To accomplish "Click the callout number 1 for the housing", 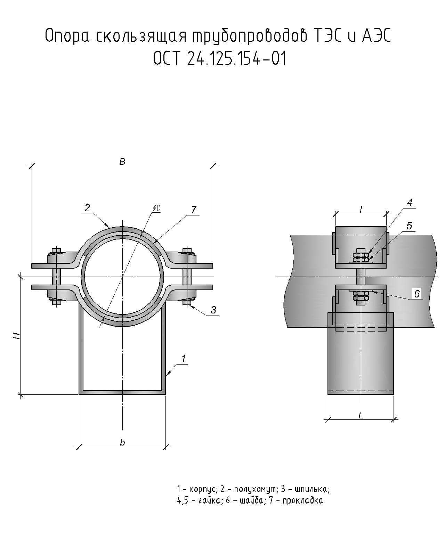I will [x=183, y=359].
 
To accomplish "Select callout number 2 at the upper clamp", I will [x=87, y=208].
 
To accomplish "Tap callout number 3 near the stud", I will [x=213, y=310].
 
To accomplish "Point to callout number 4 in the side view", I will [x=410, y=203].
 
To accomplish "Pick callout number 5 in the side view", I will [x=409, y=226].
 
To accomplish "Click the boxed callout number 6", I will [x=417, y=294].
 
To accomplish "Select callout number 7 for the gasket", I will [x=194, y=210].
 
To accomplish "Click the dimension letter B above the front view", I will [x=122, y=162].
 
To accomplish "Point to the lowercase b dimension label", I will [x=122, y=442].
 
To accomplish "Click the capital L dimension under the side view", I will [x=361, y=415].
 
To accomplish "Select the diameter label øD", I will [x=156, y=208].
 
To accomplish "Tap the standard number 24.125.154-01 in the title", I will [x=236, y=58].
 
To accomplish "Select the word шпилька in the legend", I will [x=311, y=489].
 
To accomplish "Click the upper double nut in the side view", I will [x=361, y=257].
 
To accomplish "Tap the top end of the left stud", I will [x=56, y=250].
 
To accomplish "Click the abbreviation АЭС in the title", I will [x=376, y=36].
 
